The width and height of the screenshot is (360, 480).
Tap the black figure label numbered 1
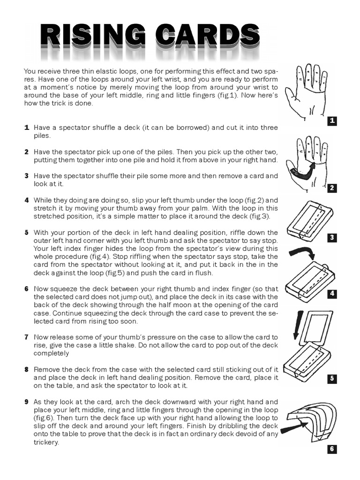click(332, 121)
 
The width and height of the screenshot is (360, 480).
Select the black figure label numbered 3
click(332, 238)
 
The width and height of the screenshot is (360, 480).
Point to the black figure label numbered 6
click(332, 449)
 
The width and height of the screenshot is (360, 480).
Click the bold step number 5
click(27, 232)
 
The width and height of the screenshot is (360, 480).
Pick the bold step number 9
click(27, 402)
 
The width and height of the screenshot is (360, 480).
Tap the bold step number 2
click(27, 152)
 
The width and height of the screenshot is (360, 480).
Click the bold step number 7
click(27, 337)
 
